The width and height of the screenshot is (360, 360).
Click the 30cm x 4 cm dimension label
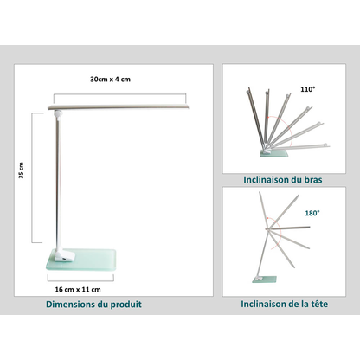tap(110, 80)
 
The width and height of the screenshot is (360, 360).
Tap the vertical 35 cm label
tap(22, 170)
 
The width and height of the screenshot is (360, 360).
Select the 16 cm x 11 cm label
tap(78, 290)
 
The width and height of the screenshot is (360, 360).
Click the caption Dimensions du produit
tap(93, 305)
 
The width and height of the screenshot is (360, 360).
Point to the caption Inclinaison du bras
tap(283, 180)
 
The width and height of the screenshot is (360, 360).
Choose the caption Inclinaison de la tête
tap(284, 304)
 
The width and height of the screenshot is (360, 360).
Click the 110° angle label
tap(308, 89)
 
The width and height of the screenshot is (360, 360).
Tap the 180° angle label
tap(312, 213)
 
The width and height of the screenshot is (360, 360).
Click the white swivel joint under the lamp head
tap(58, 113)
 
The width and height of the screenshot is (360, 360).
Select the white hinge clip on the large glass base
tap(65, 256)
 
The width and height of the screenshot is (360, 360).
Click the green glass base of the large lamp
tap(81, 260)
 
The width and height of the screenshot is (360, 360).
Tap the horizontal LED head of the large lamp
tap(119, 107)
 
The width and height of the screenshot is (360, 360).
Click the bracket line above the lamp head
tap(120, 94)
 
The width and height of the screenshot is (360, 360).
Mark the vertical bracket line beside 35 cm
tap(32, 178)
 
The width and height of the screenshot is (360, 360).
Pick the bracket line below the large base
tap(80, 281)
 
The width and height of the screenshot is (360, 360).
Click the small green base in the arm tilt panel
tap(273, 154)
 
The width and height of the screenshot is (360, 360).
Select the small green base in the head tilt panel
tap(264, 280)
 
